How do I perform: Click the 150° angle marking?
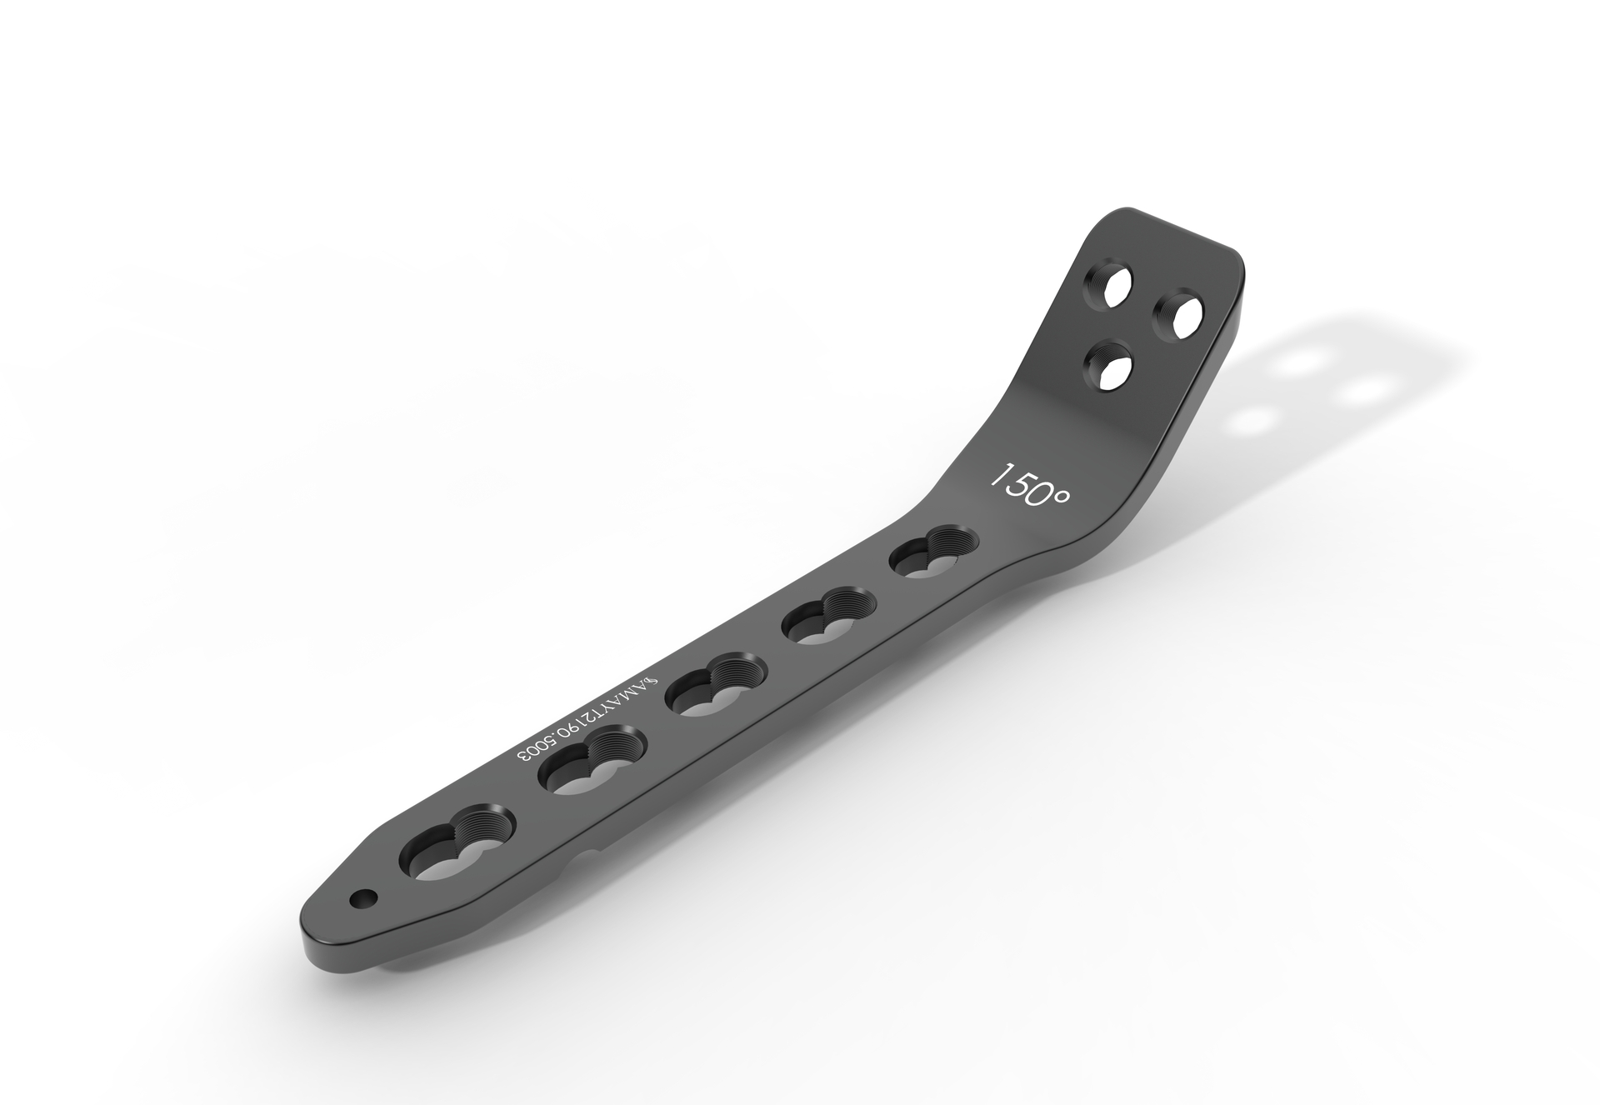[x=1028, y=486]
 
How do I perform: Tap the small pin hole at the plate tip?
[x=363, y=898]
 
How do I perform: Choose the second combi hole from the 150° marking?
[x=825, y=617]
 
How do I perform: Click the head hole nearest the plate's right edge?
[x=1177, y=317]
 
